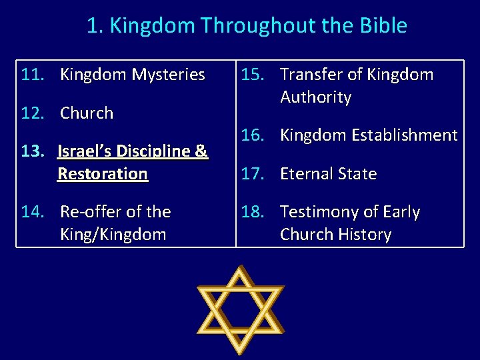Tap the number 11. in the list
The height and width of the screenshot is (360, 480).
[33, 75]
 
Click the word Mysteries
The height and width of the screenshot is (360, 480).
[169, 75]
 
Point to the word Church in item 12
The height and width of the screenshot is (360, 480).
[87, 113]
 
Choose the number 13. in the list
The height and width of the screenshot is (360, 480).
[33, 151]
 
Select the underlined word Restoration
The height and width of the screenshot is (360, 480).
[103, 174]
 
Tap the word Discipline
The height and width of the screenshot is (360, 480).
[157, 151]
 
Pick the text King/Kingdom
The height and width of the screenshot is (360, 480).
[113, 235]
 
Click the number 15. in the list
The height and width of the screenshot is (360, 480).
[254, 75]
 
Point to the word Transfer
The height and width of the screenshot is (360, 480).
[312, 75]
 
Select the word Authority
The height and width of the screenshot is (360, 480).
[315, 97]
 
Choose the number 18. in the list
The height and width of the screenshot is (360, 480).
[254, 212]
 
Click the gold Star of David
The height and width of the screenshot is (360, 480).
[240, 309]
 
